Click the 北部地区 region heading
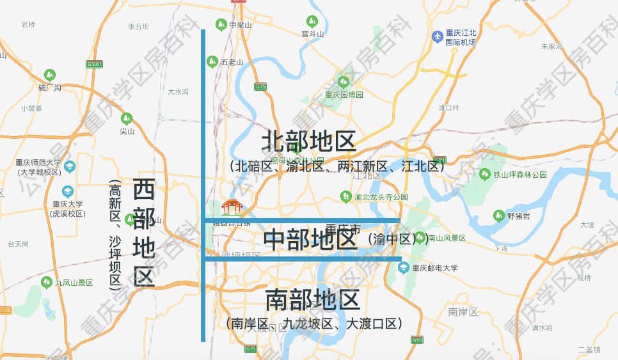click(x=308, y=141)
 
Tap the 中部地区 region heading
click(x=310, y=239)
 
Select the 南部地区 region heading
click(x=312, y=299)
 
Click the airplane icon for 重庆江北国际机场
click(x=438, y=36)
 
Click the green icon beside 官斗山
click(x=312, y=21)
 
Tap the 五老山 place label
click(x=232, y=62)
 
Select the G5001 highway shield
click(x=95, y=64)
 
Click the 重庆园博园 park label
click(x=344, y=94)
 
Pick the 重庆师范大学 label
click(x=39, y=162)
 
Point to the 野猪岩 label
click(x=519, y=215)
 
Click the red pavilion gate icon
click(x=232, y=207)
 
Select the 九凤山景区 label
click(x=74, y=282)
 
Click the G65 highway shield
click(x=417, y=340)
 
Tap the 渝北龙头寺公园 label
click(x=381, y=197)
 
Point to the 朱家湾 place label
click(x=551, y=46)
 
